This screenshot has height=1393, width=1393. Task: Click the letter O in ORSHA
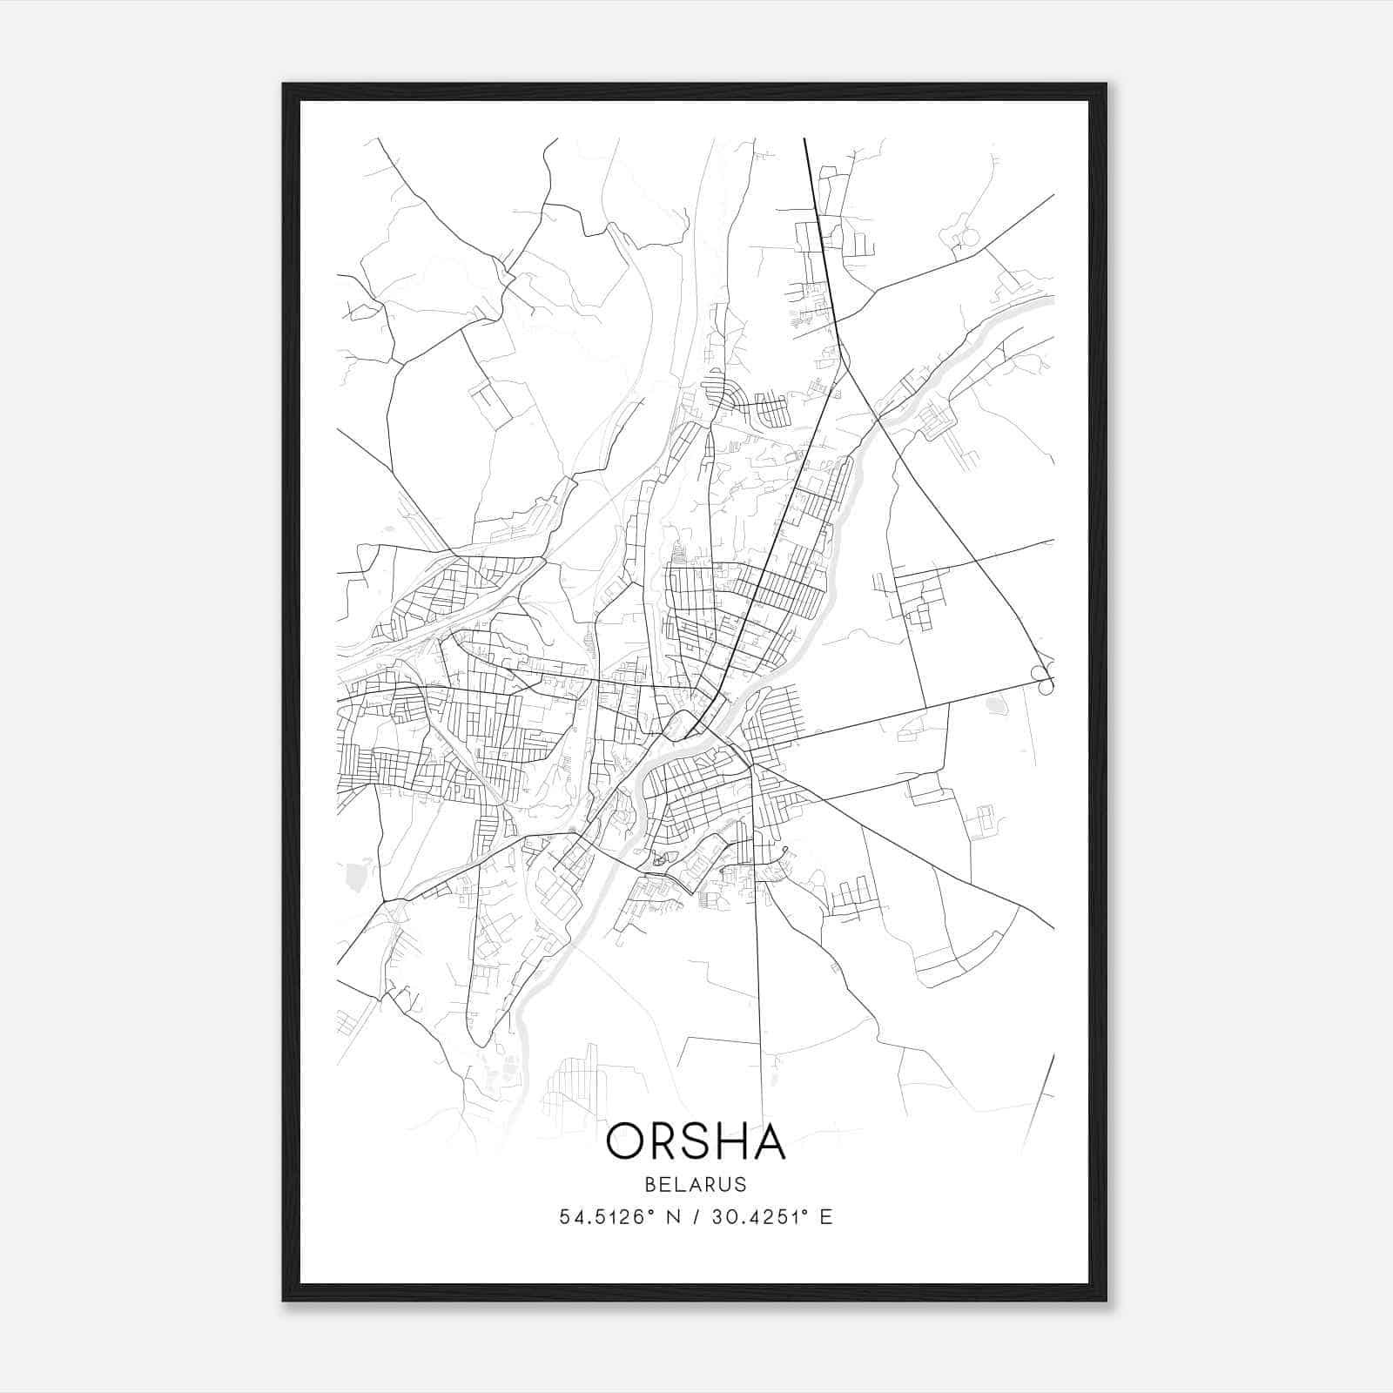pos(627,1141)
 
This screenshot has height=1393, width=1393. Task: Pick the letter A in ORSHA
pos(771,1141)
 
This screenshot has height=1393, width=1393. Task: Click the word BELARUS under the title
pos(696,1184)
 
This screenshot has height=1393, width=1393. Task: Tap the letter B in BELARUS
pos(651,1184)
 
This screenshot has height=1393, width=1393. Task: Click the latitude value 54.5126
pos(602,1217)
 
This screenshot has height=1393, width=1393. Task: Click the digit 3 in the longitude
pos(717,1217)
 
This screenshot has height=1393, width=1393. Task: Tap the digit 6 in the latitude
pos(639,1217)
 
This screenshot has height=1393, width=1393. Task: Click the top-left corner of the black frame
pos(285,85)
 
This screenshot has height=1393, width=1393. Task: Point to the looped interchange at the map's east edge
pos(1041,679)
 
